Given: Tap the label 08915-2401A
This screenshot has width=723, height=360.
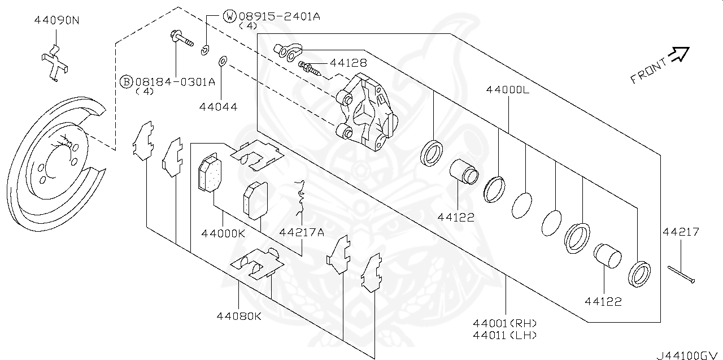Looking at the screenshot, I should [278, 16].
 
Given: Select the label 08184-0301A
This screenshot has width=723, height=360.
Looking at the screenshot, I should [175, 82].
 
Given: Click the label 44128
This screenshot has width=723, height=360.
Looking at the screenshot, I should [349, 63].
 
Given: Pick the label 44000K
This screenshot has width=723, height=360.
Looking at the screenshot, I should [223, 233].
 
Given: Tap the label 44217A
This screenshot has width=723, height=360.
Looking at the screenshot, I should [302, 233].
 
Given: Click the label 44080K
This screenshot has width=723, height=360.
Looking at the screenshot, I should [239, 316].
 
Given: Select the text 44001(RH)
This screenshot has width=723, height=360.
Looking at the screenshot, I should [506, 323].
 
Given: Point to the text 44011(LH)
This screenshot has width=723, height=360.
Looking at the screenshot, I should [506, 335].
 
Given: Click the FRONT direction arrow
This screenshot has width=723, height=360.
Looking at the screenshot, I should [678, 55].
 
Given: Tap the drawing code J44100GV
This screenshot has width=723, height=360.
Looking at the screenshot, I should [689, 356].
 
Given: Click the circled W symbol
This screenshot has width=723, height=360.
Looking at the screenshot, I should [230, 16].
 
